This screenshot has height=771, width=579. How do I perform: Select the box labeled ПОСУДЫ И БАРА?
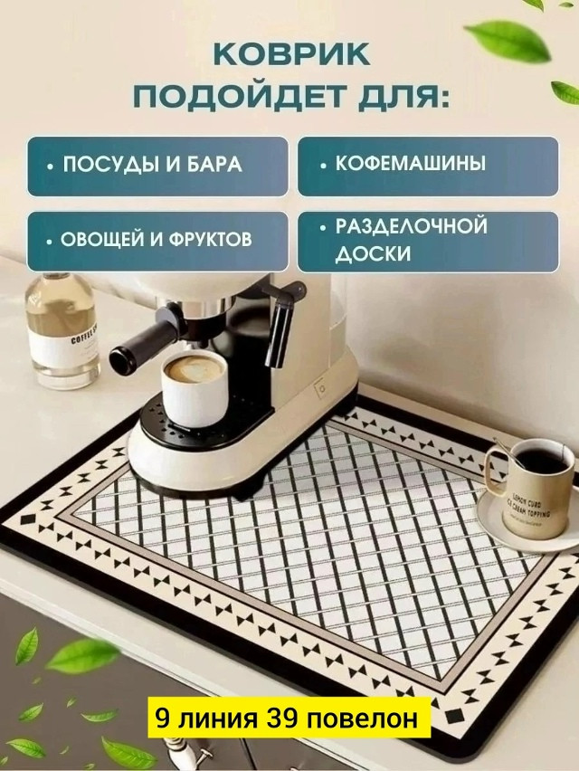(157, 166)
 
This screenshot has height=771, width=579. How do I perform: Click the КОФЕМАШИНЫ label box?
(428, 166)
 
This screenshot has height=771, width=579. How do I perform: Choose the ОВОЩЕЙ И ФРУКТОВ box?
(157, 241)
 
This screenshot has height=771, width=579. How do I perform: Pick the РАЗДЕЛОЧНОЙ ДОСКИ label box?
(428, 241)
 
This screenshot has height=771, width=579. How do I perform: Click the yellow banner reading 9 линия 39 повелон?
(287, 719)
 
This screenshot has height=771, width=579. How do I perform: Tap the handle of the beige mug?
(492, 471)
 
